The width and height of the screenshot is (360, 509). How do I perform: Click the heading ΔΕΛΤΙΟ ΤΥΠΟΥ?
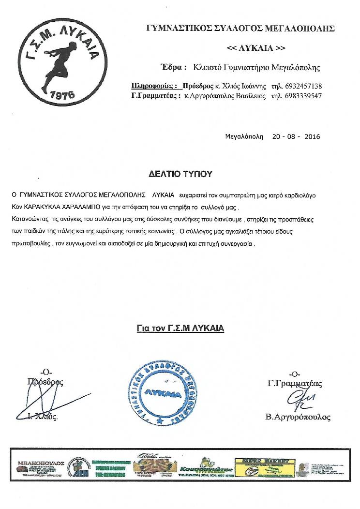(x=180, y=173)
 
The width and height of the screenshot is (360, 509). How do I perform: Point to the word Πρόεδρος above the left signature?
(x=45, y=382)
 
